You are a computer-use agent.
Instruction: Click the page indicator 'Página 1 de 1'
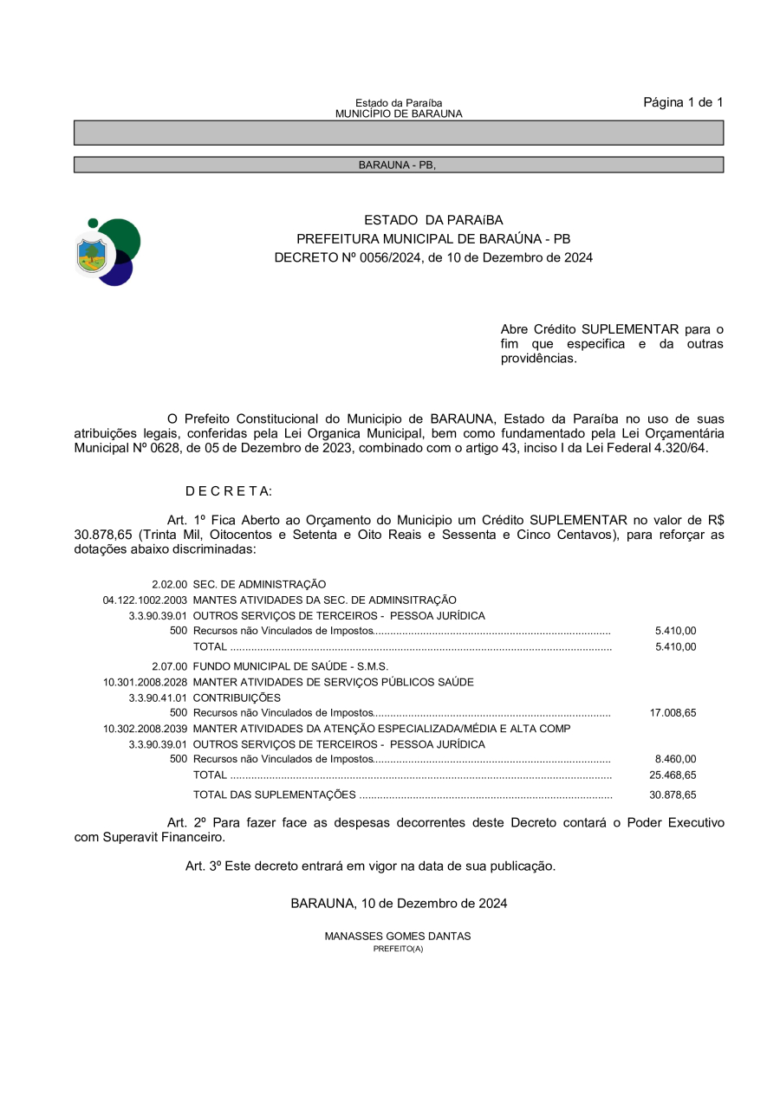click(x=682, y=103)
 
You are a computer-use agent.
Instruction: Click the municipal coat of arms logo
click(x=107, y=251)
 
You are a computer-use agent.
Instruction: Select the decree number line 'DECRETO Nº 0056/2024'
click(x=433, y=257)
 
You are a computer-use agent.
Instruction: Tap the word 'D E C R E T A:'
click(x=228, y=491)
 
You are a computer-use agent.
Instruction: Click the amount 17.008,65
click(x=673, y=713)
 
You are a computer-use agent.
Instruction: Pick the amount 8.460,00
click(x=675, y=760)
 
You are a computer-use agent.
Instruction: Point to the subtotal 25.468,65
click(x=673, y=775)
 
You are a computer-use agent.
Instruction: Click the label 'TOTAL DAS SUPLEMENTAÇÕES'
click(x=274, y=795)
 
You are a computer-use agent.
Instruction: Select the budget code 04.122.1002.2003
click(x=145, y=600)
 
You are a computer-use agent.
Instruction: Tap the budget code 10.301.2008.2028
click(x=145, y=682)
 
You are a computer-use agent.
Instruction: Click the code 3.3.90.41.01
click(x=158, y=697)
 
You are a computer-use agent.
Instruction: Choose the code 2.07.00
click(x=169, y=666)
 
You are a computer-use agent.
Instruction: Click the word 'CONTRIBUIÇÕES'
click(x=237, y=697)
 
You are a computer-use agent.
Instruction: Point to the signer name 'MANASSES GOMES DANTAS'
click(x=398, y=937)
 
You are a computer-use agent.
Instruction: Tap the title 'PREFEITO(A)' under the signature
click(x=398, y=949)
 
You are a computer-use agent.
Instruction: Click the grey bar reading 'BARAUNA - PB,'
click(x=398, y=165)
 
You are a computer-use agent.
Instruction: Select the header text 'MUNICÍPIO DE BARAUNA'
click(x=399, y=114)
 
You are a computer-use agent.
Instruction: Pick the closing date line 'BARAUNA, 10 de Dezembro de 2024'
click(x=399, y=903)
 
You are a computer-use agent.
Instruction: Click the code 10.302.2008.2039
click(x=145, y=729)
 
